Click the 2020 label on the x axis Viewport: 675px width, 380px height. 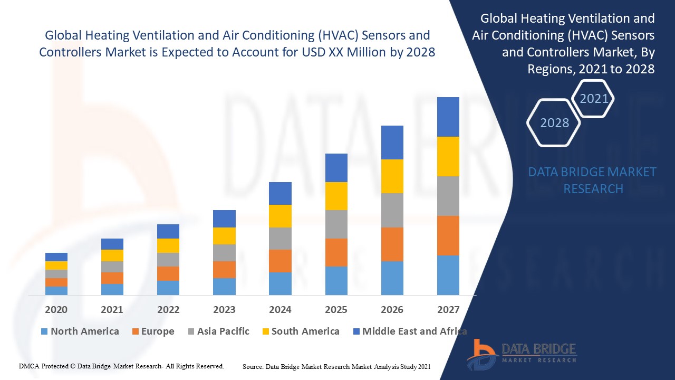tap(56, 309)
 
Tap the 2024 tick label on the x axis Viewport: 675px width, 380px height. tap(280, 309)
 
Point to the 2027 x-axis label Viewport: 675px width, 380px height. tap(448, 309)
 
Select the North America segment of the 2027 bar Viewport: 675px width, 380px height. tap(448, 275)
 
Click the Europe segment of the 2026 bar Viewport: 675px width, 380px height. tap(392, 244)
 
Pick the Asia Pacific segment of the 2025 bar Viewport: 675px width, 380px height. tap(336, 224)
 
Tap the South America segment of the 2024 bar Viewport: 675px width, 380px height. tap(280, 216)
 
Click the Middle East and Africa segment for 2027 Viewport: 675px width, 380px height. tap(448, 117)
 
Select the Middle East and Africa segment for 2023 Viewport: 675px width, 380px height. tap(224, 218)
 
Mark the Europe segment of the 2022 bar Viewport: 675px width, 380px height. tap(168, 273)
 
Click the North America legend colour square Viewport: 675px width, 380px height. tap(44, 332)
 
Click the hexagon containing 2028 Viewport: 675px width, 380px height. tap(554, 122)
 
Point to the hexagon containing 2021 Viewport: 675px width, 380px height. tap(594, 98)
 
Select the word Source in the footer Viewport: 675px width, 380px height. tap(253, 366)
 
